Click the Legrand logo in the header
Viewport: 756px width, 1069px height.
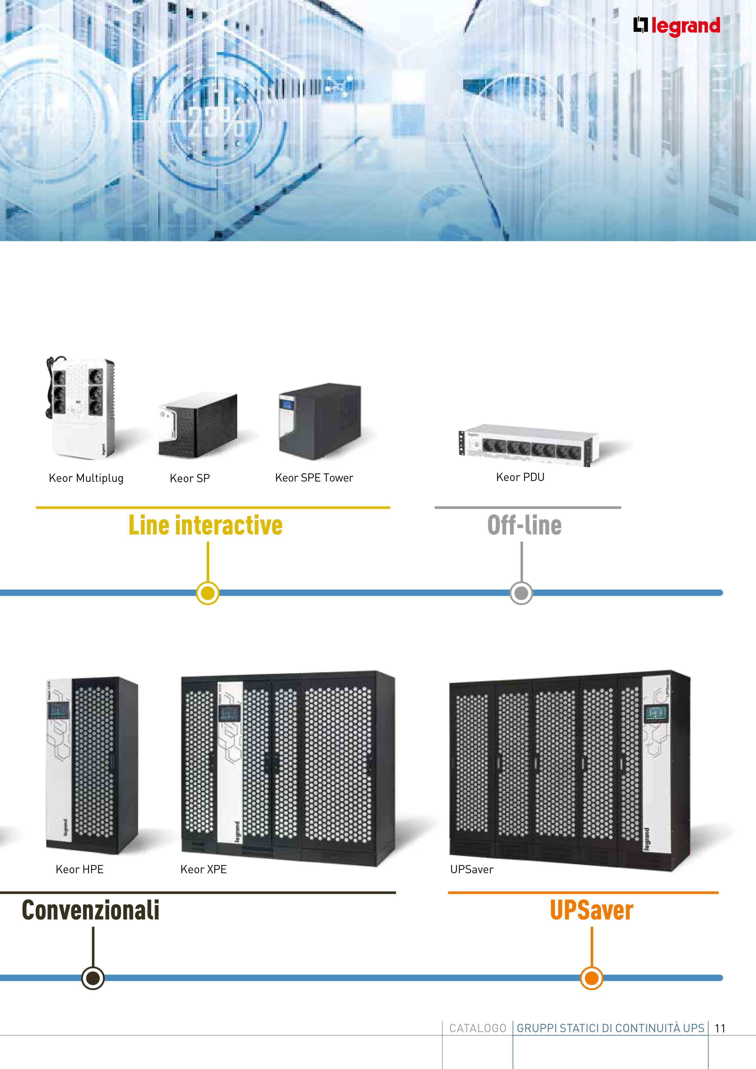coord(676,26)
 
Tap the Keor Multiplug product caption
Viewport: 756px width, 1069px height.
coord(86,478)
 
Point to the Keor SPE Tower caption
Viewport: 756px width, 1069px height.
coord(314,478)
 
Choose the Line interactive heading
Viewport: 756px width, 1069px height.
coord(205,525)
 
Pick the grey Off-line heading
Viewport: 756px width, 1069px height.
coord(524,525)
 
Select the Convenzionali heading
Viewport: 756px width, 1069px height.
coord(91,911)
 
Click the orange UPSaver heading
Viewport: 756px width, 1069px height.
coord(592,911)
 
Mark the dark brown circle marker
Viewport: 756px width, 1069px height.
coord(93,978)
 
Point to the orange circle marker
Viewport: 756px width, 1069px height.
coord(592,978)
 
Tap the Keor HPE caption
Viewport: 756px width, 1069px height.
coord(80,869)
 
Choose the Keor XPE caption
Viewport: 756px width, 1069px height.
coord(203,869)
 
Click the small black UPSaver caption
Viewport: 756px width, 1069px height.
coord(471,869)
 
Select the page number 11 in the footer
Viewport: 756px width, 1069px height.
coord(720,1028)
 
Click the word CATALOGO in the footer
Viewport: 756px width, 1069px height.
coord(477,1028)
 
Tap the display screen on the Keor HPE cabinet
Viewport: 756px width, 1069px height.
coord(59,710)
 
